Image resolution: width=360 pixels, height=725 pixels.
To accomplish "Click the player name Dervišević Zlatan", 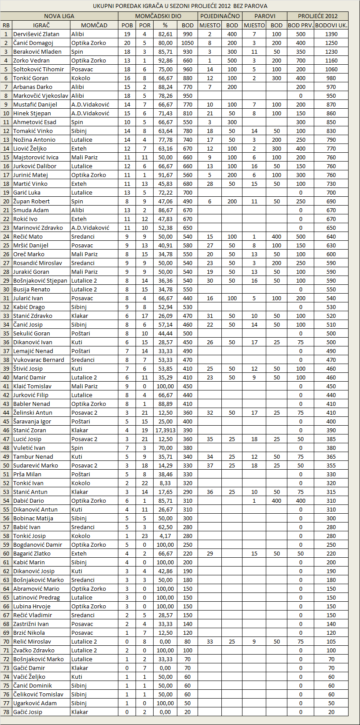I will click(x=36, y=34).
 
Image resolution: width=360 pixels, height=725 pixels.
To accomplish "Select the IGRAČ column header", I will click(x=41, y=25).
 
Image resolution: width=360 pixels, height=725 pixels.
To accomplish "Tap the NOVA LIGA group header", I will click(x=59, y=16).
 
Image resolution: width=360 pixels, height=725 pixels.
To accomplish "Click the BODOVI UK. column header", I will click(x=331, y=25).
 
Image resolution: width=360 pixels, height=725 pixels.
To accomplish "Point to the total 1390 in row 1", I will click(x=331, y=34).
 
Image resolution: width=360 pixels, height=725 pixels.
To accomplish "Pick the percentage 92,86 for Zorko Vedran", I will click(x=165, y=60).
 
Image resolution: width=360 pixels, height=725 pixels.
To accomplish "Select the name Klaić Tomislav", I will click(x=32, y=386).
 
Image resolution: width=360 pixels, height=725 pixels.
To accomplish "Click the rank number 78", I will click(x=6, y=712).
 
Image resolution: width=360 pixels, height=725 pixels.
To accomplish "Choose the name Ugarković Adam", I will click(x=35, y=703).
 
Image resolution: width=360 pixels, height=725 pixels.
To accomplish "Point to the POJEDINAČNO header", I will click(x=220, y=16).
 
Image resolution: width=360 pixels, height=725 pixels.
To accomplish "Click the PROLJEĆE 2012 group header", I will click(x=318, y=16).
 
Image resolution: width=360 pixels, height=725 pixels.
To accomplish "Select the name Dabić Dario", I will click(x=29, y=501).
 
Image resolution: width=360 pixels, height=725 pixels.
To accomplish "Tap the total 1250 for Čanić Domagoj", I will click(x=331, y=43).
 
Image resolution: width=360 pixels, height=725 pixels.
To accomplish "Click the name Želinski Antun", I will click(x=33, y=412).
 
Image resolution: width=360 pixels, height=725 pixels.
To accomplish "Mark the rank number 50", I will click(x=6, y=465).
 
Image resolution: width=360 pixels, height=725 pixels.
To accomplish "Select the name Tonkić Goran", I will click(x=30, y=78).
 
